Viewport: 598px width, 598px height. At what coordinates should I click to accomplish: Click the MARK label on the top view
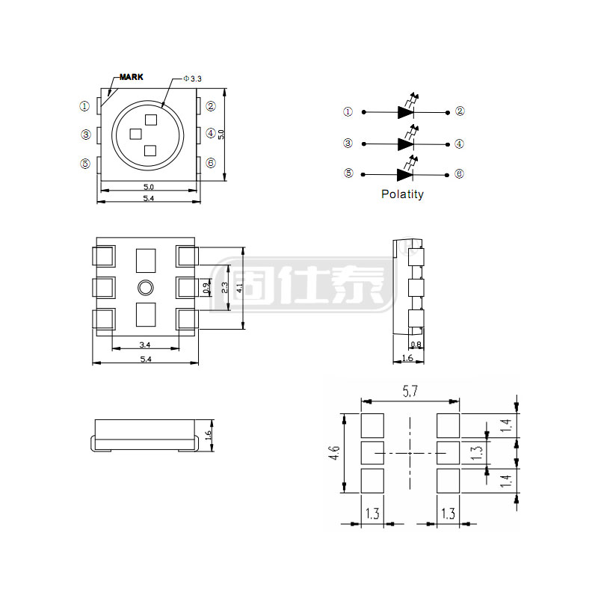[132, 77]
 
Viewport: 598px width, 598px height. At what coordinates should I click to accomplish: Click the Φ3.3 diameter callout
[192, 78]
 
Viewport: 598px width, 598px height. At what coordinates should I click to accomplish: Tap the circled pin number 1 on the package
[84, 106]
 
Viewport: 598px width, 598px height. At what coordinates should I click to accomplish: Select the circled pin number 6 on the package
[211, 163]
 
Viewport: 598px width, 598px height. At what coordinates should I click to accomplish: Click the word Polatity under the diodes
[402, 194]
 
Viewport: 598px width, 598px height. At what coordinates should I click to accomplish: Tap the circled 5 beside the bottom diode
[348, 173]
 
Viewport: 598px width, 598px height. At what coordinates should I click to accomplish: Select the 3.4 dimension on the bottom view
[145, 345]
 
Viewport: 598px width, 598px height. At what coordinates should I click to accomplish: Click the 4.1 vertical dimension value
[239, 288]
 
